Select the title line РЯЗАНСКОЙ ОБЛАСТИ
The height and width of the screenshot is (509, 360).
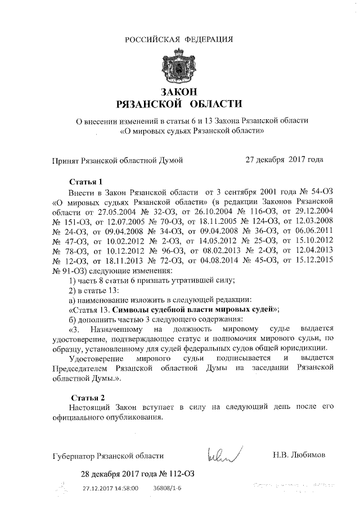click(178, 104)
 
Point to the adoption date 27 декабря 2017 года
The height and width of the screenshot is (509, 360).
click(284, 160)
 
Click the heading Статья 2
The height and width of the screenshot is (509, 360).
click(85, 398)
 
